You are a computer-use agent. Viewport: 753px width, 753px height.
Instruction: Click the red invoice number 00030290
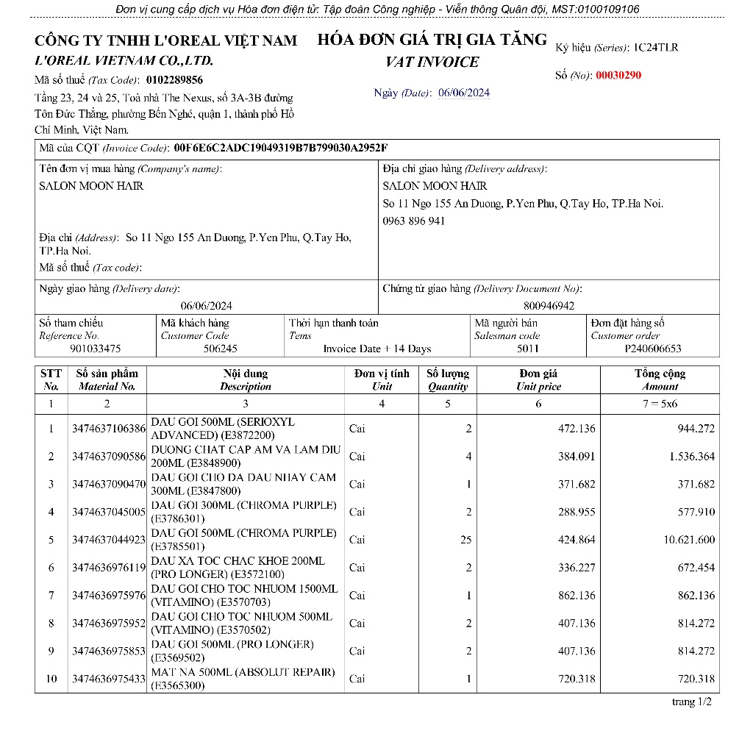618,75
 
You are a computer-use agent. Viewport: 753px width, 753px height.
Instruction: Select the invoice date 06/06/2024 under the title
464,93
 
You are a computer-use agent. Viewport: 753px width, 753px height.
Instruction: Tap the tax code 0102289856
174,79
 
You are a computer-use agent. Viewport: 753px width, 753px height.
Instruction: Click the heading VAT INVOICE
432,62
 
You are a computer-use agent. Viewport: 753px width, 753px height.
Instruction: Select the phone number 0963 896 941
414,221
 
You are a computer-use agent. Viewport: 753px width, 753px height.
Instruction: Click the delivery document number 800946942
549,305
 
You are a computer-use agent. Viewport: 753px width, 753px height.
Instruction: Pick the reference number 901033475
96,349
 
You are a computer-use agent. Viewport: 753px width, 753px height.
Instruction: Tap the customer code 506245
221,349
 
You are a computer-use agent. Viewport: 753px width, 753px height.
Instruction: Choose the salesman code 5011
527,349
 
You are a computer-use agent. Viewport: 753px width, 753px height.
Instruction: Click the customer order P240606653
653,349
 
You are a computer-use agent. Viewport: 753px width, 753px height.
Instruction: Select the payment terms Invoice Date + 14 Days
377,349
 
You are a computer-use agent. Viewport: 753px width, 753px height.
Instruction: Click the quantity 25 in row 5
465,540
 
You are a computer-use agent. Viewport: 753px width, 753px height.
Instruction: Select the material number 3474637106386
109,429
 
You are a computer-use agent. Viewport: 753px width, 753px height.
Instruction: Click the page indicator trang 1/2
692,702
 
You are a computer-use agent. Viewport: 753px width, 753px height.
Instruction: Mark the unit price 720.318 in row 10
577,679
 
